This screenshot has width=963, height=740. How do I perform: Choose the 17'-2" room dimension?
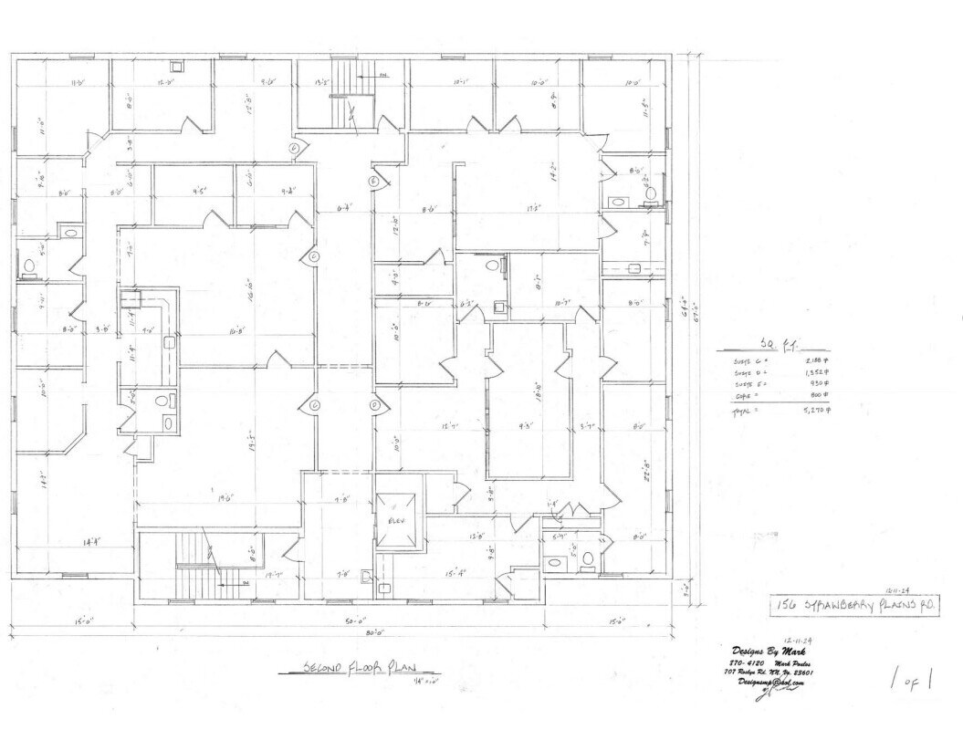(x=525, y=208)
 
